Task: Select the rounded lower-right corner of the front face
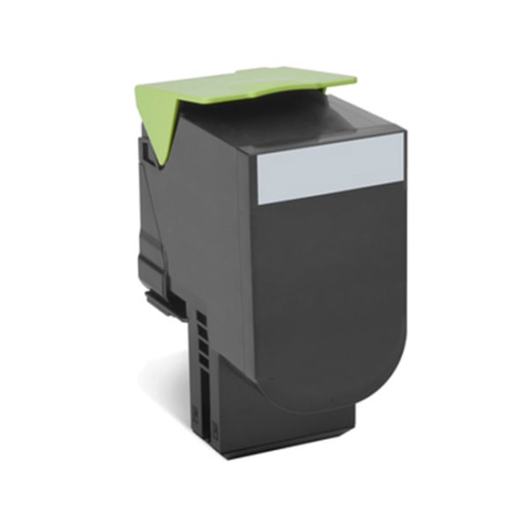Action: tap(388, 370)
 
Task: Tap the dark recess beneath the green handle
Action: tap(264, 119)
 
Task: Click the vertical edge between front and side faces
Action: tap(235, 264)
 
